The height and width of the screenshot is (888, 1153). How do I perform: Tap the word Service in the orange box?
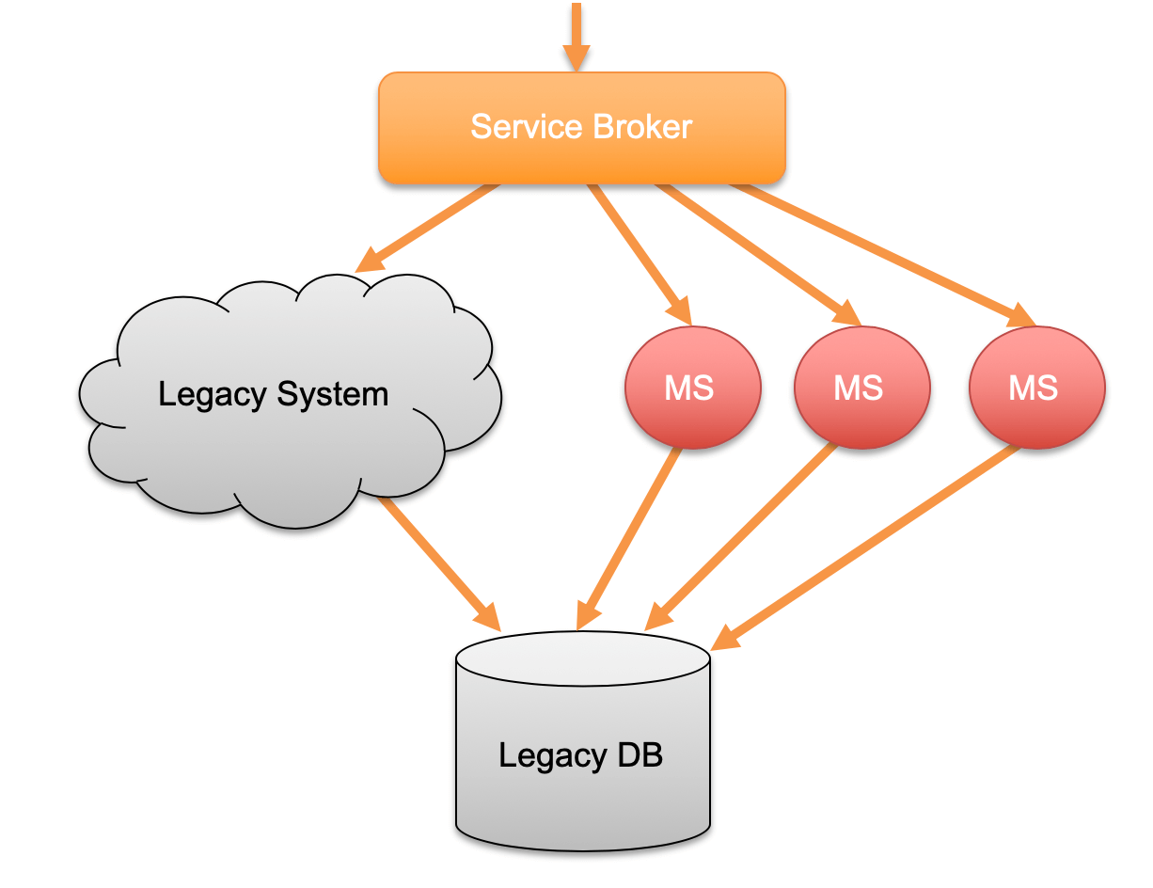515,127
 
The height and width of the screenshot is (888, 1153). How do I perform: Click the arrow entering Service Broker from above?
576,38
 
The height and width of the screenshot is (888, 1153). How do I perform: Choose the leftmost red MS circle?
692,388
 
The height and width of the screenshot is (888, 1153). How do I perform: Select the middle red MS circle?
861,388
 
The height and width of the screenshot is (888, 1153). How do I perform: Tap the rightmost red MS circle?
1036,388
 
